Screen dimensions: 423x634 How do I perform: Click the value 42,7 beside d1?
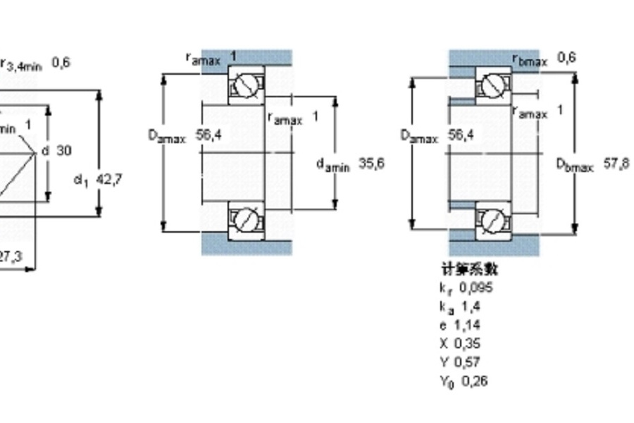[108, 179]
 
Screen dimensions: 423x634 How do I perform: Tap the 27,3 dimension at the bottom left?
[10, 258]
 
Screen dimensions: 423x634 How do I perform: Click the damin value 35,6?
[371, 164]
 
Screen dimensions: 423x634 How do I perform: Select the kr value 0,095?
[476, 288]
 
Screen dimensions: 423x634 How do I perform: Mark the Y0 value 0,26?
[474, 381]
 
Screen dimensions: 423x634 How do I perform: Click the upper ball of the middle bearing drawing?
[245, 85]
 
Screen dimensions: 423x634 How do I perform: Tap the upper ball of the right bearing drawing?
[492, 86]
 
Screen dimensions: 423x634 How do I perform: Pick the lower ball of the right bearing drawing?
[492, 221]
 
